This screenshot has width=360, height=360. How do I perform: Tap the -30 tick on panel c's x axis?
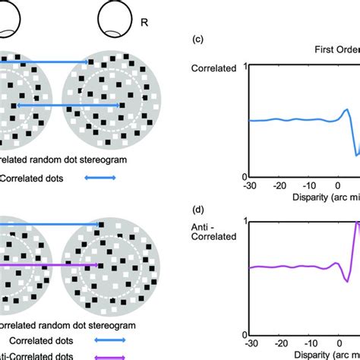click(x=248, y=185)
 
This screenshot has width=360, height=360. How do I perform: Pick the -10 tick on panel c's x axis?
click(x=308, y=185)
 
